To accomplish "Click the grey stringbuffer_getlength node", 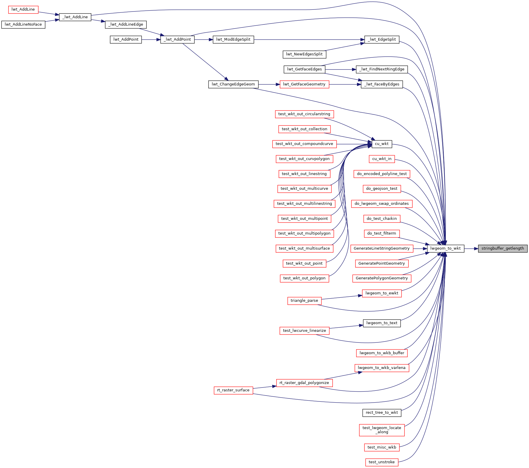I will tap(502, 248).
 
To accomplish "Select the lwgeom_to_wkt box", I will tap(445, 248).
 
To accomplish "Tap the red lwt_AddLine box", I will tap(23, 9).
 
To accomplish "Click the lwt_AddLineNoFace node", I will tap(23, 24).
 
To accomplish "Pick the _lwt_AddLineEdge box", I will tap(126, 24).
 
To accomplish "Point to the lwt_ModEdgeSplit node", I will tap(233, 39).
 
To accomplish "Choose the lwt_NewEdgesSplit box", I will tap(304, 54).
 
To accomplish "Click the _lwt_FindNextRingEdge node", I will tap(382, 69).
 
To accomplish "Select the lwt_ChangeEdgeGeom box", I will tap(233, 84).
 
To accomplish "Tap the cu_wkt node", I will tap(382, 144).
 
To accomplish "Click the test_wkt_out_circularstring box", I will tap(304, 114).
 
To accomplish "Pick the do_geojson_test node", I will tap(382, 189).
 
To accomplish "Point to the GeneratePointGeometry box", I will tap(382, 263).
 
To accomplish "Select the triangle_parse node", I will tap(304, 301).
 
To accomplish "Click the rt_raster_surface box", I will tap(233, 390).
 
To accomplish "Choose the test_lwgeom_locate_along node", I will tap(382, 430).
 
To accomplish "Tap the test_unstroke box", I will tap(382, 462).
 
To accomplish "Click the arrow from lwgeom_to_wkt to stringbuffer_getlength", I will tap(471, 249).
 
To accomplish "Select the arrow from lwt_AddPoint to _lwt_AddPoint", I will tap(151, 39).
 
